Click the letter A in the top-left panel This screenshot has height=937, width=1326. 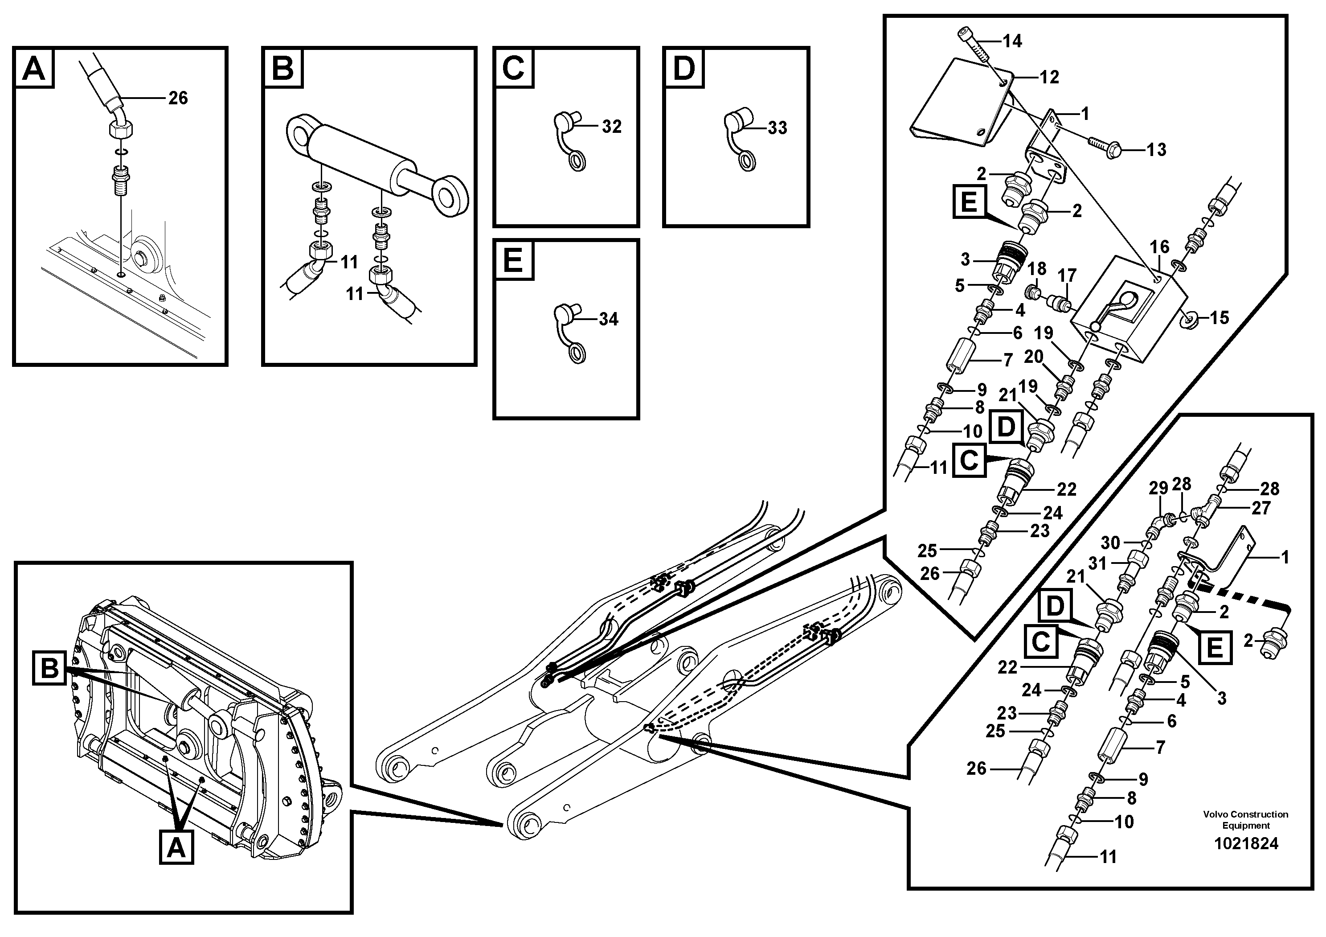[34, 69]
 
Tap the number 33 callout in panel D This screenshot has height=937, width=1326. [778, 127]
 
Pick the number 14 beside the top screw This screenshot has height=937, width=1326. [1012, 41]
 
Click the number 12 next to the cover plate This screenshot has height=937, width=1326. [1049, 77]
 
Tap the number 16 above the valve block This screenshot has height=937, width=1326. [1159, 247]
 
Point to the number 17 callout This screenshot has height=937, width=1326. [1067, 275]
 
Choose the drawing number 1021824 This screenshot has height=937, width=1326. [1246, 843]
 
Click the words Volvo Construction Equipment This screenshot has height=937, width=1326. [1246, 820]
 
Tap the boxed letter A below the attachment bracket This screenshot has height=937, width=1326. [176, 848]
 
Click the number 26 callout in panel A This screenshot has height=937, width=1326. [178, 98]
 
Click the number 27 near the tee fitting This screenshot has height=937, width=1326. [1261, 508]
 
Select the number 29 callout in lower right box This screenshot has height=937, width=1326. [1158, 489]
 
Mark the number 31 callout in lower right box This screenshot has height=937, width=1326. [1097, 563]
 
